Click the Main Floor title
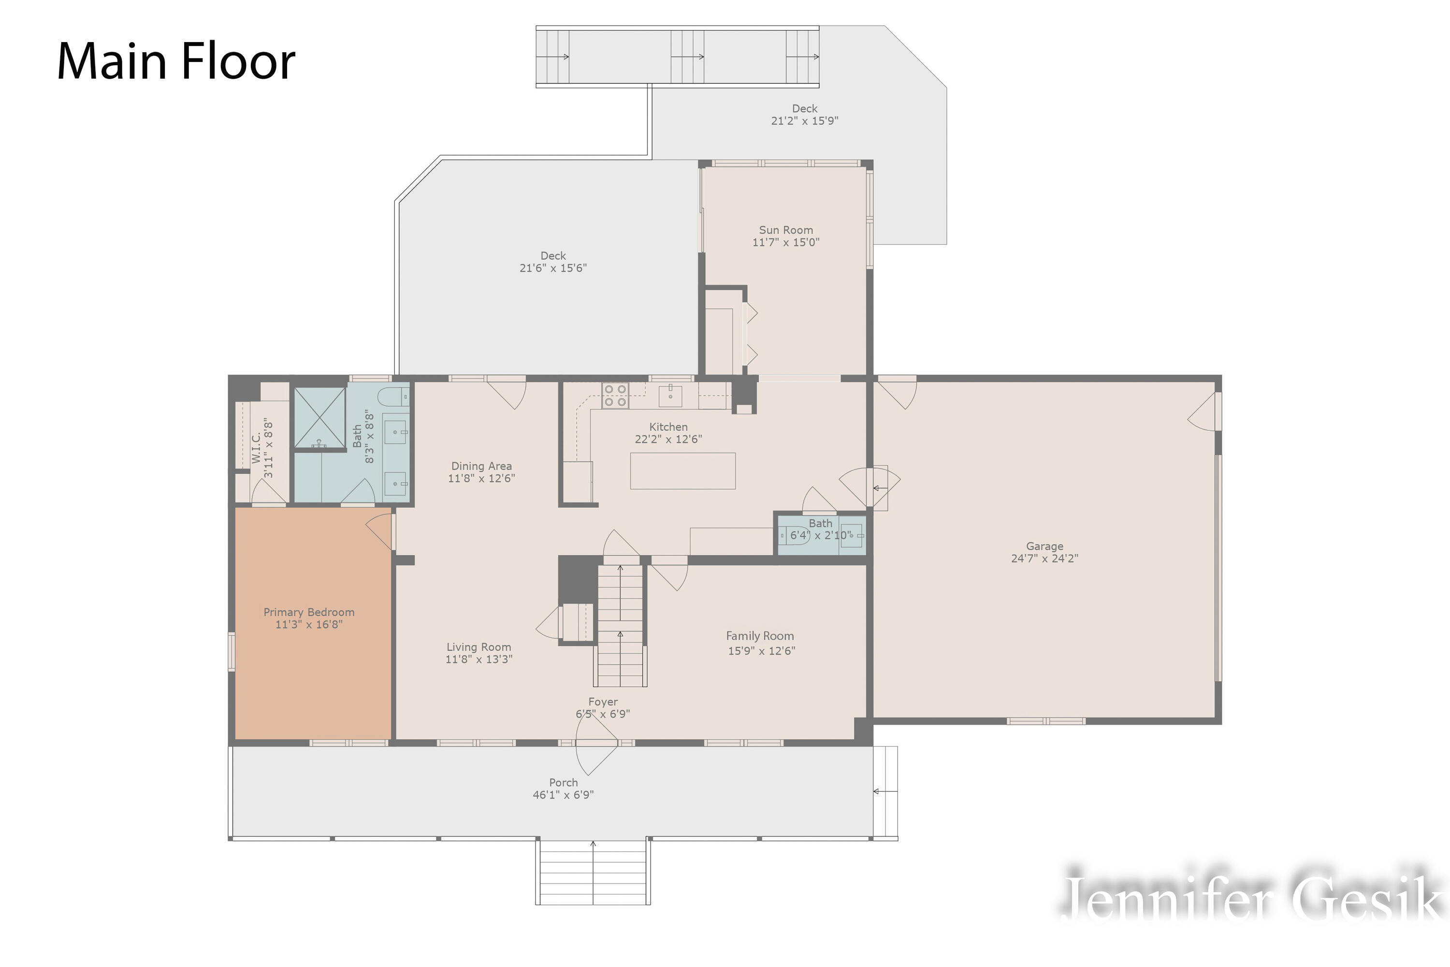tap(176, 62)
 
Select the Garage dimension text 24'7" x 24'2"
tap(1044, 558)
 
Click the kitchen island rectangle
tap(682, 471)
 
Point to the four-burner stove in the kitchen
tap(615, 396)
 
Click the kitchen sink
tap(670, 396)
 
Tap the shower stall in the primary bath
tap(319, 418)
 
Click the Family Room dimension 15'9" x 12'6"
tap(761, 651)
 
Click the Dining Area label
tap(481, 466)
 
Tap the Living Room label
tap(479, 647)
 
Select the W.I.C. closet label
tap(256, 448)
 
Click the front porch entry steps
tap(593, 872)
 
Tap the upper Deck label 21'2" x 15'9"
tap(805, 115)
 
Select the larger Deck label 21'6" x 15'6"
tap(553, 262)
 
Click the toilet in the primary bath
tap(392, 396)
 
